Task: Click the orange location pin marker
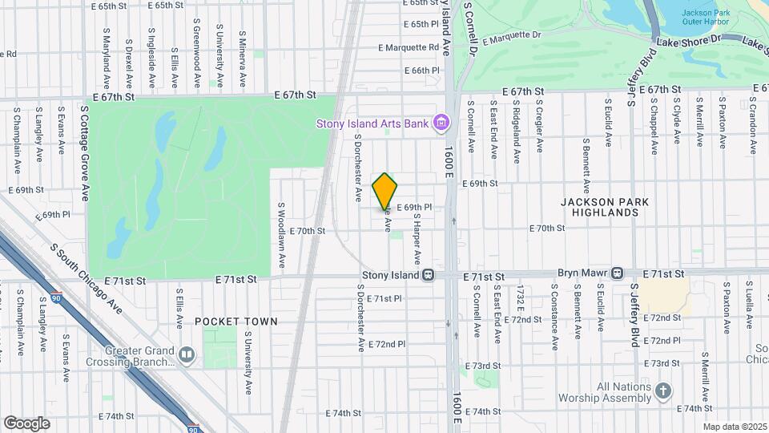[x=385, y=192]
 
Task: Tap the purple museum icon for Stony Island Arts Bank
[x=439, y=123]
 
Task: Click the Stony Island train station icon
[x=429, y=275]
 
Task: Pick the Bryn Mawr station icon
[x=617, y=273]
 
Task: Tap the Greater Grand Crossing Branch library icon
[x=187, y=354]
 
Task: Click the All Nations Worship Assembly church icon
[x=662, y=391]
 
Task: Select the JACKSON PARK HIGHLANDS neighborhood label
[x=605, y=207]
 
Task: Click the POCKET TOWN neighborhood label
[x=236, y=322]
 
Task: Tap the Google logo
[x=26, y=423]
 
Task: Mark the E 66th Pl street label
[x=422, y=71]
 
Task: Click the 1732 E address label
[x=521, y=298]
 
